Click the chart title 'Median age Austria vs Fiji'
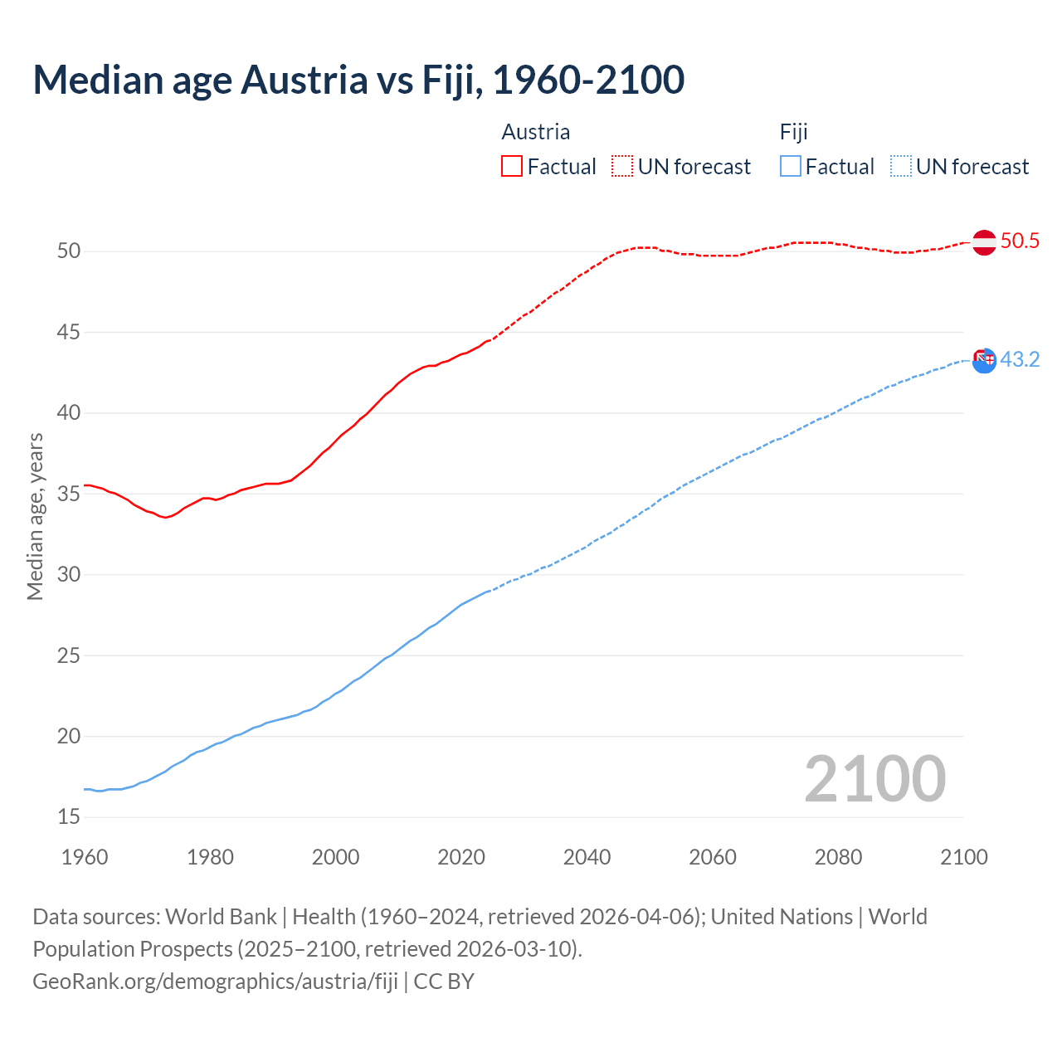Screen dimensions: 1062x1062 (x=358, y=80)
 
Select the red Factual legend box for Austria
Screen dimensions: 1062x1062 (x=512, y=167)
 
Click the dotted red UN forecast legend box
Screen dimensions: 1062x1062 (x=622, y=167)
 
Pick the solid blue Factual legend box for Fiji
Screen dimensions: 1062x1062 (x=791, y=167)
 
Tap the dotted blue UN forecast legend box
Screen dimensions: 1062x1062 (x=901, y=167)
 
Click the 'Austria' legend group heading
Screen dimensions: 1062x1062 (x=536, y=132)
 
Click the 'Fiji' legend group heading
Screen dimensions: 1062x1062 (x=794, y=132)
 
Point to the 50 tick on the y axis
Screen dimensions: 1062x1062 (x=69, y=251)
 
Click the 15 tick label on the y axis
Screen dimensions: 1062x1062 (x=69, y=817)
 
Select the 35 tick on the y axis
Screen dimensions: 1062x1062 (x=69, y=494)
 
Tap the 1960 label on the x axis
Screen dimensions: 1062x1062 (x=85, y=857)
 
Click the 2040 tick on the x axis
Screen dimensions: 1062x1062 (x=587, y=857)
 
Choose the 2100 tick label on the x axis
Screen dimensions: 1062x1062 (x=964, y=857)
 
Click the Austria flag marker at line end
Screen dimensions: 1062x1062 (x=984, y=242)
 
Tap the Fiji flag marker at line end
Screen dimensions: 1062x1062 (x=984, y=360)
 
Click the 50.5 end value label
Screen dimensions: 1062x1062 (x=1020, y=241)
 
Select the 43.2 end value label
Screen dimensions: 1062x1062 (x=1020, y=360)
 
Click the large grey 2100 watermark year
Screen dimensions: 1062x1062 (x=875, y=779)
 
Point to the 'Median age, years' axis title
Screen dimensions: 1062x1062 (x=35, y=516)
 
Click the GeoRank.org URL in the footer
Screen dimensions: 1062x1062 (x=215, y=982)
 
